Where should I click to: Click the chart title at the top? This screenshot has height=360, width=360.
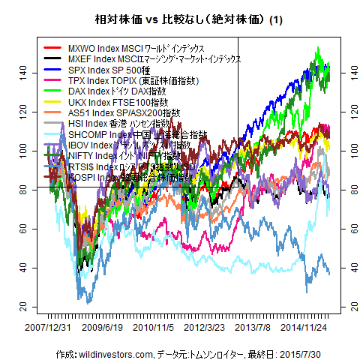pyautogui.click(x=179, y=20)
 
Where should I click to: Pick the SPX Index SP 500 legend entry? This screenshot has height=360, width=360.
pyautogui.click(x=128, y=70)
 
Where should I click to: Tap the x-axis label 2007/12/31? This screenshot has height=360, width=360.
pyautogui.click(x=47, y=328)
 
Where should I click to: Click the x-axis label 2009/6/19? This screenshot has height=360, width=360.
pyautogui.click(x=101, y=328)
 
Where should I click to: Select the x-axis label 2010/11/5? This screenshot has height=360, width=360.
pyautogui.click(x=154, y=328)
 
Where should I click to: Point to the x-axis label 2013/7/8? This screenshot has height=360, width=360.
pyautogui.click(x=253, y=328)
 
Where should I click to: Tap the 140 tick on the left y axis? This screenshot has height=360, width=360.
pyautogui.click(x=23, y=71)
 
